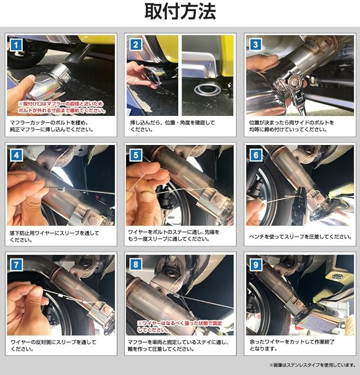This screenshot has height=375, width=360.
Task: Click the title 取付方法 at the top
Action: point(180,11)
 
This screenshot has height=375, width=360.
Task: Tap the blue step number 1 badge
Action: point(16,45)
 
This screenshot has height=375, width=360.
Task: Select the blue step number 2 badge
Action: point(136,44)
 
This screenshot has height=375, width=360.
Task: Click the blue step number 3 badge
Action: point(256,44)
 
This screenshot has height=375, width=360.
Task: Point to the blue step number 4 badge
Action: point(16,155)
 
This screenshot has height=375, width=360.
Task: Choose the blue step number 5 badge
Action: point(136,155)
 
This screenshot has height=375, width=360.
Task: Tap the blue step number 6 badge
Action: point(256,155)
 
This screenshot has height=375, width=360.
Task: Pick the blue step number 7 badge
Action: point(16,265)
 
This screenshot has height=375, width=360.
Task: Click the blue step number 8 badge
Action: point(136,264)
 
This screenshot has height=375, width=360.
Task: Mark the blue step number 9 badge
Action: point(256,265)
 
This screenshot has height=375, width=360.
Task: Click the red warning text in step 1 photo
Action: point(62,107)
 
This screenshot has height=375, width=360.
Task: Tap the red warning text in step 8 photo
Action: point(180,326)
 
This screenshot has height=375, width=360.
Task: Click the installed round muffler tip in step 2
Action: point(207,90)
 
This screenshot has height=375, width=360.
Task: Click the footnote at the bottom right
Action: point(313,365)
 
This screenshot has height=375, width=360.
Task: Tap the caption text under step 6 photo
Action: point(301,237)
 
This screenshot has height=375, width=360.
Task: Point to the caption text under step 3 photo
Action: point(292,126)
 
